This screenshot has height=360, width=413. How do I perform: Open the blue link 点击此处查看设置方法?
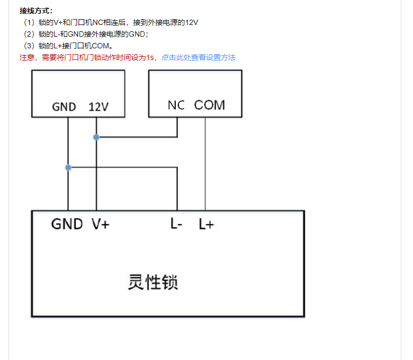[199, 57]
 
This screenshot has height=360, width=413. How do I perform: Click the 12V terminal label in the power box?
[99, 107]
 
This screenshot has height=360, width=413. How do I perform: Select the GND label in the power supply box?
[64, 107]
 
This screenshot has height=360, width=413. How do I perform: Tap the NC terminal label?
[176, 105]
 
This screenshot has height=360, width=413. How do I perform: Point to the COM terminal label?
[209, 105]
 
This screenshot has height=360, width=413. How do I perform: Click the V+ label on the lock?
[100, 224]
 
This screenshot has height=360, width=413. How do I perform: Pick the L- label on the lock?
[176, 224]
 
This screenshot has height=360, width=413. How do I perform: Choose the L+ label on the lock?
[206, 224]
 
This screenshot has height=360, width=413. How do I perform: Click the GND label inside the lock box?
[67, 224]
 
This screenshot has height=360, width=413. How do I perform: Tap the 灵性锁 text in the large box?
[153, 282]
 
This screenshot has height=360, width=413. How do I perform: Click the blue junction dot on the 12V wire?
[96, 137]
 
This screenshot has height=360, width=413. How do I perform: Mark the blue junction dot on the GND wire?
[68, 167]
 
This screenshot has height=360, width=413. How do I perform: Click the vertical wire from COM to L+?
[205, 164]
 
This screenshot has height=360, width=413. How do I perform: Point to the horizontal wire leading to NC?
[137, 137]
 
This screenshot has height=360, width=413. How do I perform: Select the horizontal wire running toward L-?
[123, 167]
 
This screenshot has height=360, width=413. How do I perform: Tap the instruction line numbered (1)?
[110, 22]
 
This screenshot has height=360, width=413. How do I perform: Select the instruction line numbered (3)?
[68, 46]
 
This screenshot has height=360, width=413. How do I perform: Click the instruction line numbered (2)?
[86, 34]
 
